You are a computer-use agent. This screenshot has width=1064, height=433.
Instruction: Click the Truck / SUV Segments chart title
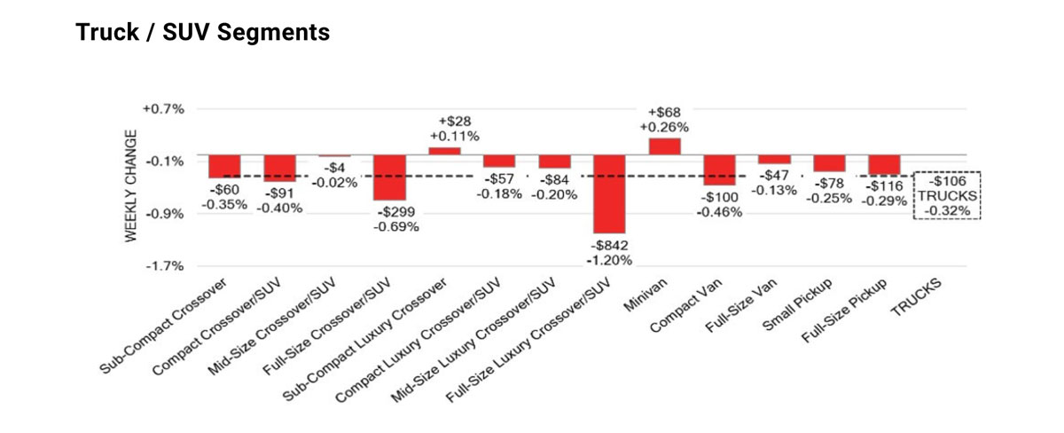pos(203,33)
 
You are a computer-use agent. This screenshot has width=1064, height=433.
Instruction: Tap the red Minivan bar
pos(665,146)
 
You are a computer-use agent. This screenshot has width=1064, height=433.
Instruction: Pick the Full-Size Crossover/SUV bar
pos(390,177)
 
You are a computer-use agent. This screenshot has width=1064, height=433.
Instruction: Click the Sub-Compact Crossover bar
pos(225,166)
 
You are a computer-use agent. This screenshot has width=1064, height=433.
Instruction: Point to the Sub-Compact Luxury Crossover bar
pos(445,151)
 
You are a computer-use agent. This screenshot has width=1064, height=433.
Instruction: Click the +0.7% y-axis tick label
pos(163,109)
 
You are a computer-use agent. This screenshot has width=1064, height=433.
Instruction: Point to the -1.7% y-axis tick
pos(163,266)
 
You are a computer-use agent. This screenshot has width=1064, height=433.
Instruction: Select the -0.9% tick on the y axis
pos(163,214)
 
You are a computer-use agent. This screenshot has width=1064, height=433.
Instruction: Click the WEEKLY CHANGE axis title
pos(130,185)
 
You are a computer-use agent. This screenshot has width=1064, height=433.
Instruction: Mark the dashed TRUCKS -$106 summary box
pos(946,195)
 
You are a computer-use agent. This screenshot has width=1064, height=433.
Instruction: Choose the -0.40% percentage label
pos(279,208)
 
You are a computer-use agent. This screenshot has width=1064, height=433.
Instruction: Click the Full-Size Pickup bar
pos(884,165)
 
